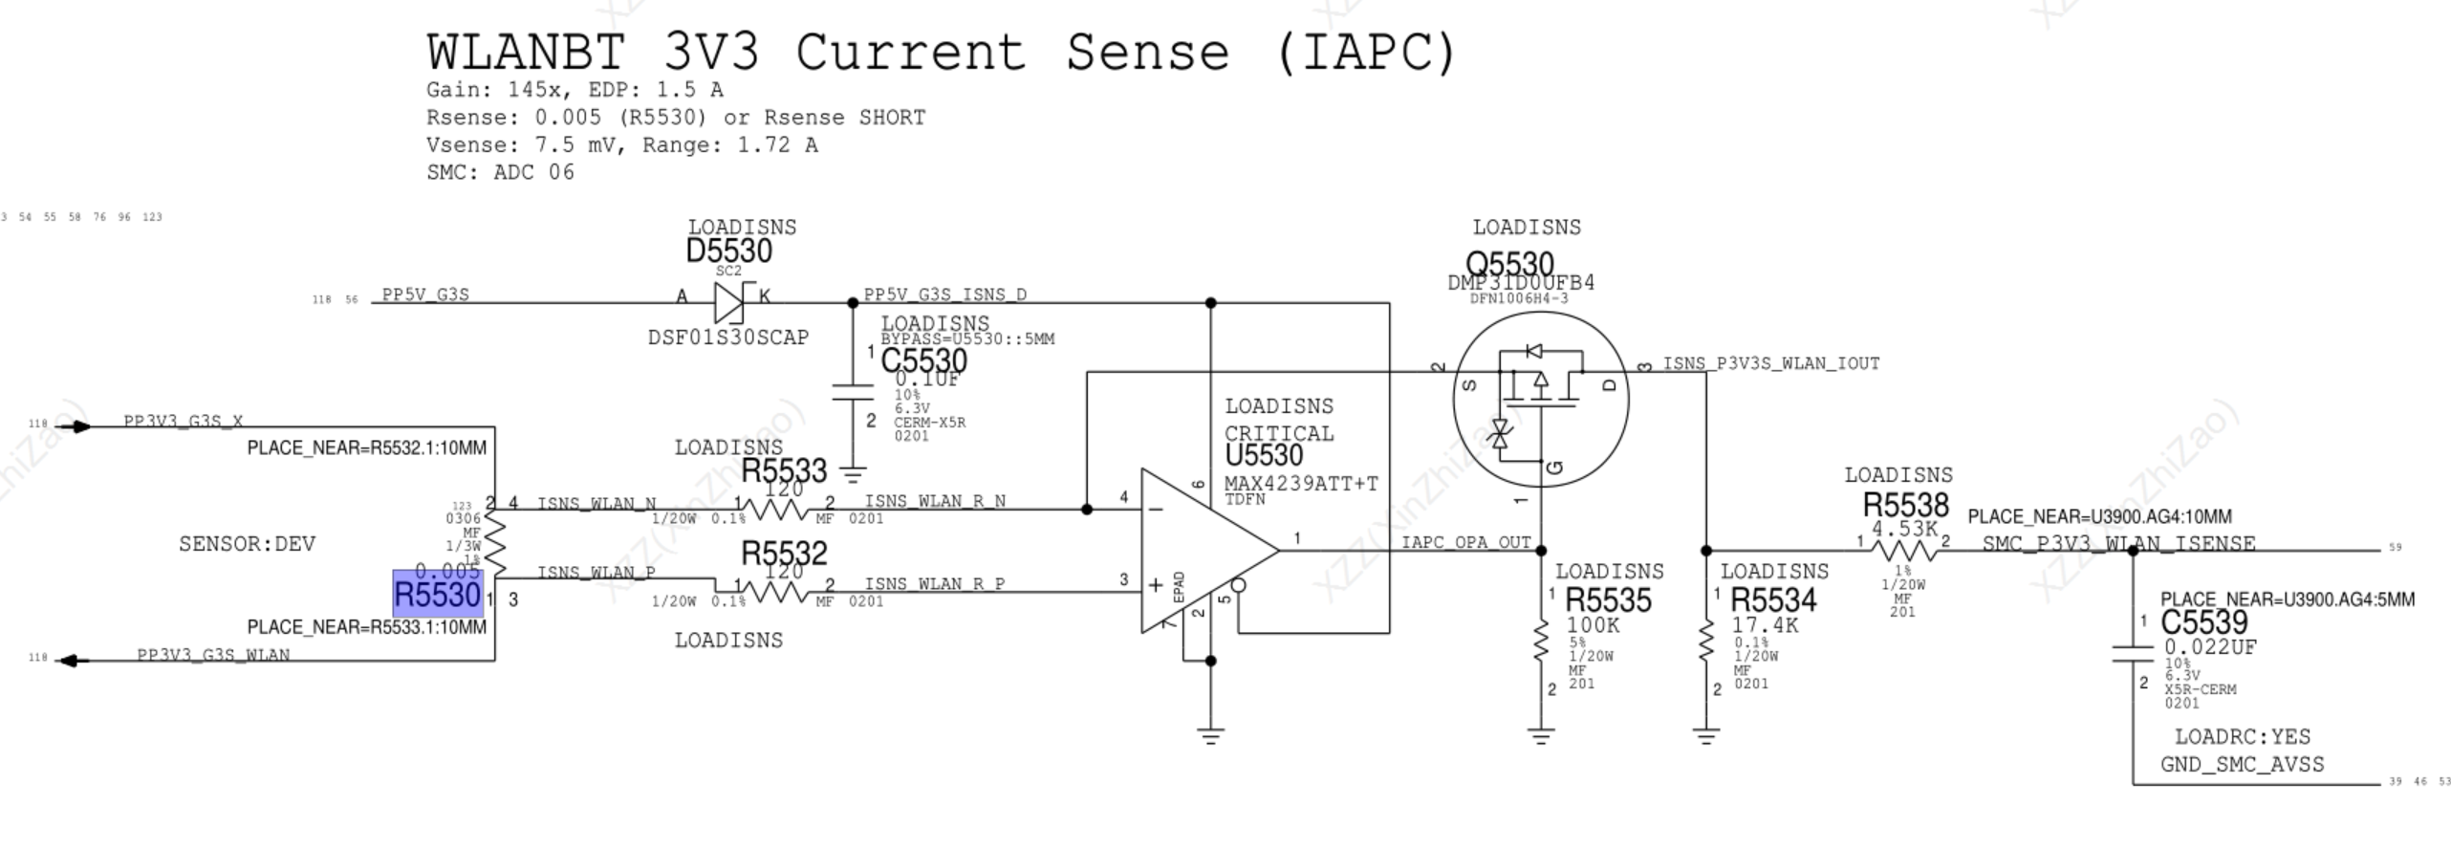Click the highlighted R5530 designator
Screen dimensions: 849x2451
[x=438, y=595]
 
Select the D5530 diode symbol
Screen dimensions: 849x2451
[x=729, y=302]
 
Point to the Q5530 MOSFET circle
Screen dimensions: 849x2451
[x=1540, y=399]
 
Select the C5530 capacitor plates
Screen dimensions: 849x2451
[x=853, y=392]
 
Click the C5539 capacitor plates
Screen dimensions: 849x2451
[x=2133, y=653]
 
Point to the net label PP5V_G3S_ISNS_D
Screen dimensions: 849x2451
[x=944, y=294]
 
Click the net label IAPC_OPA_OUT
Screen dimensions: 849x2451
[x=1465, y=543]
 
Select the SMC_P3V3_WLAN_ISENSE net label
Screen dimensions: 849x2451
[x=2118, y=543]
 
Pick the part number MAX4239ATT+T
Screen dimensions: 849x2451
[x=1301, y=484]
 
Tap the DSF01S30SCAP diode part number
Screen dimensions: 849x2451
[x=727, y=337]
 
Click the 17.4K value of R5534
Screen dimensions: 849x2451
[x=1765, y=625]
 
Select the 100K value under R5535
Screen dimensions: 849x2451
[x=1593, y=625]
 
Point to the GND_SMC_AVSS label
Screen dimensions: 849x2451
[x=2242, y=764]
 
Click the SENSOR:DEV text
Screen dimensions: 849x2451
[x=247, y=544]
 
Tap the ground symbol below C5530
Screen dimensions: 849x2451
[x=853, y=472]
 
